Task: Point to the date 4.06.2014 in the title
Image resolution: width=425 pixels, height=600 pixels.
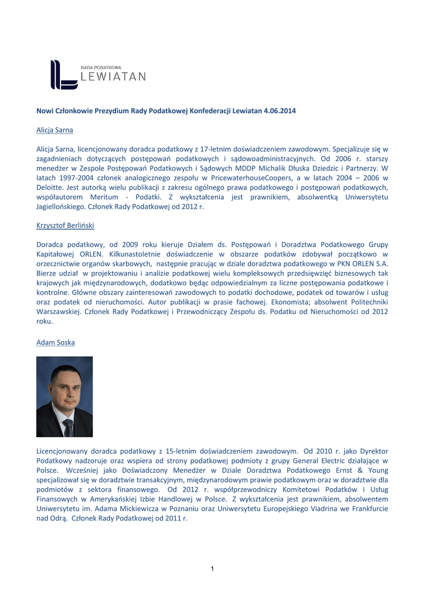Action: [280, 111]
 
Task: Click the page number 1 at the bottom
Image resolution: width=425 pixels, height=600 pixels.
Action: [212, 569]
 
